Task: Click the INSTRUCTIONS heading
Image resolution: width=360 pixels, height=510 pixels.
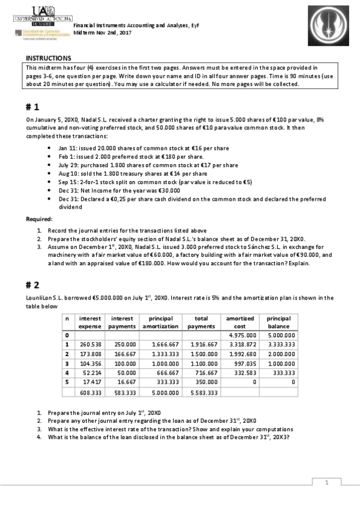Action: [48, 58]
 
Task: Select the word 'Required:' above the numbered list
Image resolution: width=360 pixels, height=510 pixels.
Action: [39, 218]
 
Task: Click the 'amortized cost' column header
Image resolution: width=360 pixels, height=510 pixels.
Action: [240, 322]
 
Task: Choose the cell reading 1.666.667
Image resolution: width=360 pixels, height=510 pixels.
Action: [163, 344]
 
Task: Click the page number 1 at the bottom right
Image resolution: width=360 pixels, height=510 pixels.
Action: [326, 482]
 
